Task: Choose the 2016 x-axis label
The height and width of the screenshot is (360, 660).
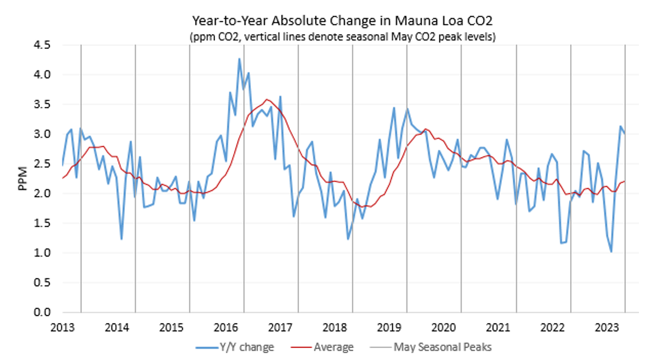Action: click(x=225, y=328)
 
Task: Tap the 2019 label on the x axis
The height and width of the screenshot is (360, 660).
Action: click(x=389, y=328)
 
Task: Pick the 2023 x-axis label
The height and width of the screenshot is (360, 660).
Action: click(x=607, y=328)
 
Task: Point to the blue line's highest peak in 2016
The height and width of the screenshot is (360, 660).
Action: click(x=239, y=59)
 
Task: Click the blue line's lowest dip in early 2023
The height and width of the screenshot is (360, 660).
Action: click(x=612, y=252)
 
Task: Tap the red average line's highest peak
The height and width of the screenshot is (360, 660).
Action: click(x=267, y=100)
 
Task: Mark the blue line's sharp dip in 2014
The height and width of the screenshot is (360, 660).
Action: click(x=121, y=239)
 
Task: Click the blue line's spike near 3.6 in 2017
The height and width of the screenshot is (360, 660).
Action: click(x=280, y=97)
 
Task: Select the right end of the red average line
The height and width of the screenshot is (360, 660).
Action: click(x=625, y=181)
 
